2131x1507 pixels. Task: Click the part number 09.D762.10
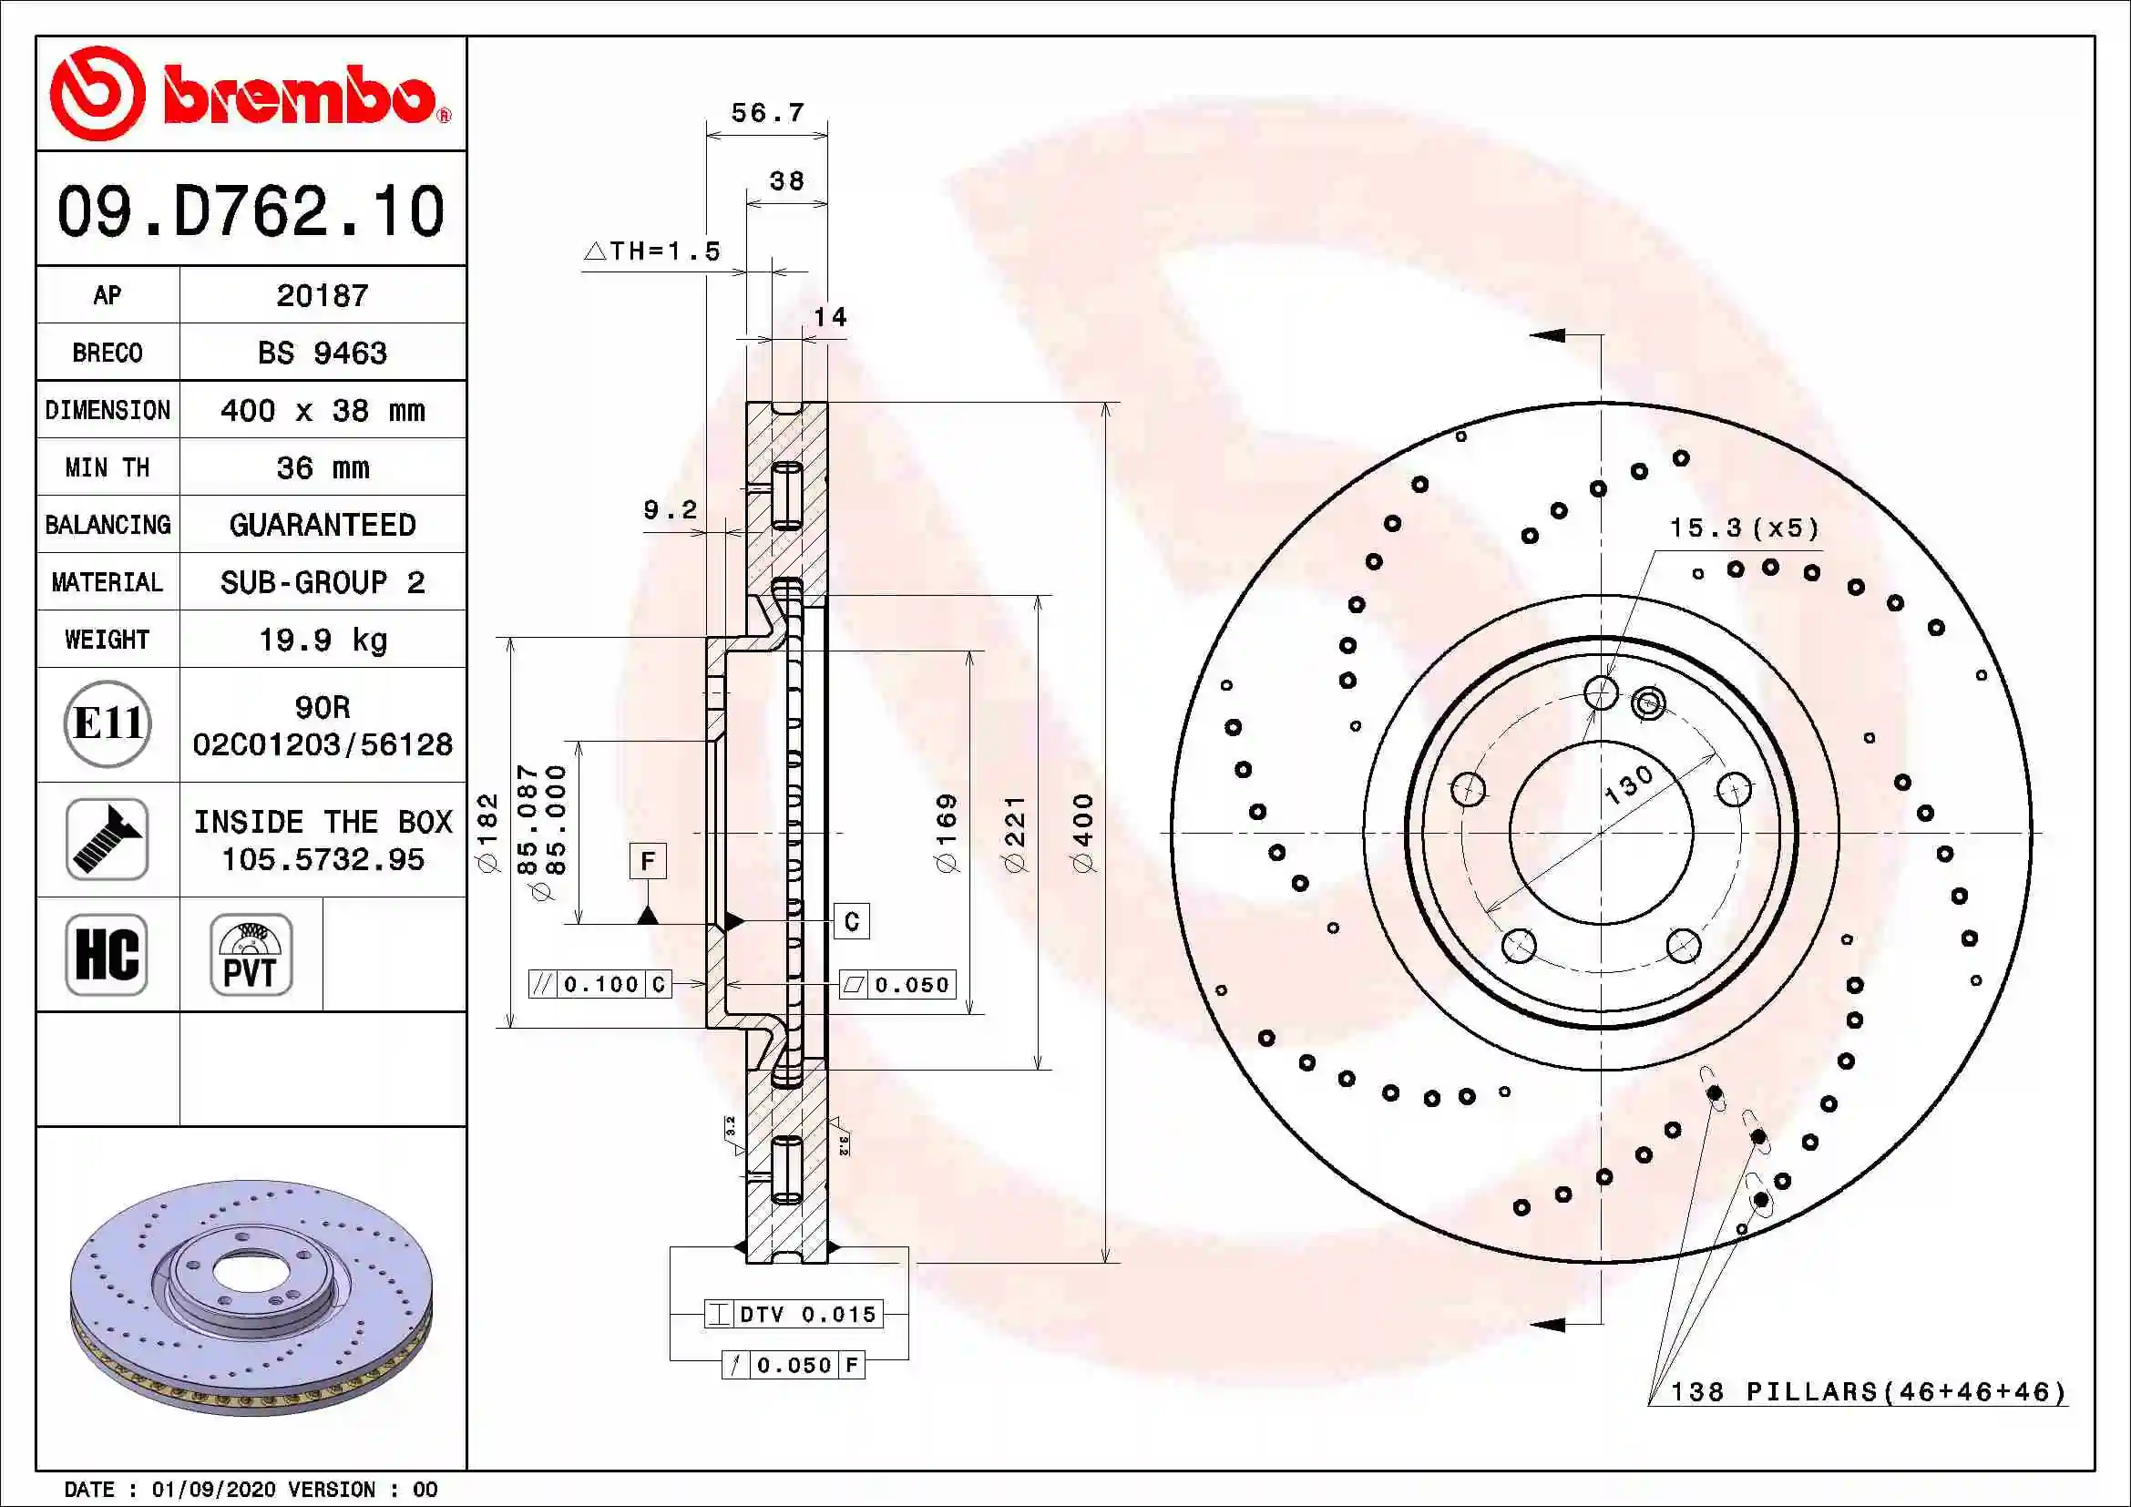tap(251, 211)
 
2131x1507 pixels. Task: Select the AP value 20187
tap(322, 296)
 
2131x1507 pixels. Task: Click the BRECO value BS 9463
tap(322, 354)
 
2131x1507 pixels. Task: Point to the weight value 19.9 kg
tap(322, 641)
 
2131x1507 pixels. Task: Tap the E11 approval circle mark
tap(108, 723)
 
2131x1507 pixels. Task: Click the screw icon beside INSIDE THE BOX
tap(108, 839)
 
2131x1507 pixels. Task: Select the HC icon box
tap(107, 954)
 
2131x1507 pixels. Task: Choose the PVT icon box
tap(251, 954)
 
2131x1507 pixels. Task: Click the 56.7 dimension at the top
tap(766, 113)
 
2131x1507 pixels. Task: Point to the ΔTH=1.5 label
tap(652, 251)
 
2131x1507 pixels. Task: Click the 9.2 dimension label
tap(671, 510)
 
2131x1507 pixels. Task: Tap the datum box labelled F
tap(648, 861)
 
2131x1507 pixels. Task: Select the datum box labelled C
tap(851, 921)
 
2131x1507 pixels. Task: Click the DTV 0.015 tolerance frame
tap(794, 1314)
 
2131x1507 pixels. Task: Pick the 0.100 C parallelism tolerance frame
tap(600, 985)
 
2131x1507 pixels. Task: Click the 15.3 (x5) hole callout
tap(1744, 528)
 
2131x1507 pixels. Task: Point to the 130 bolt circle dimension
tap(1629, 784)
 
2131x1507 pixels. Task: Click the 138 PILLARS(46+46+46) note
tap(1869, 1392)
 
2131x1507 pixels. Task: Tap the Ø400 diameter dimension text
tap(1082, 833)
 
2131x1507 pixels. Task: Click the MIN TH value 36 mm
tap(322, 467)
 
